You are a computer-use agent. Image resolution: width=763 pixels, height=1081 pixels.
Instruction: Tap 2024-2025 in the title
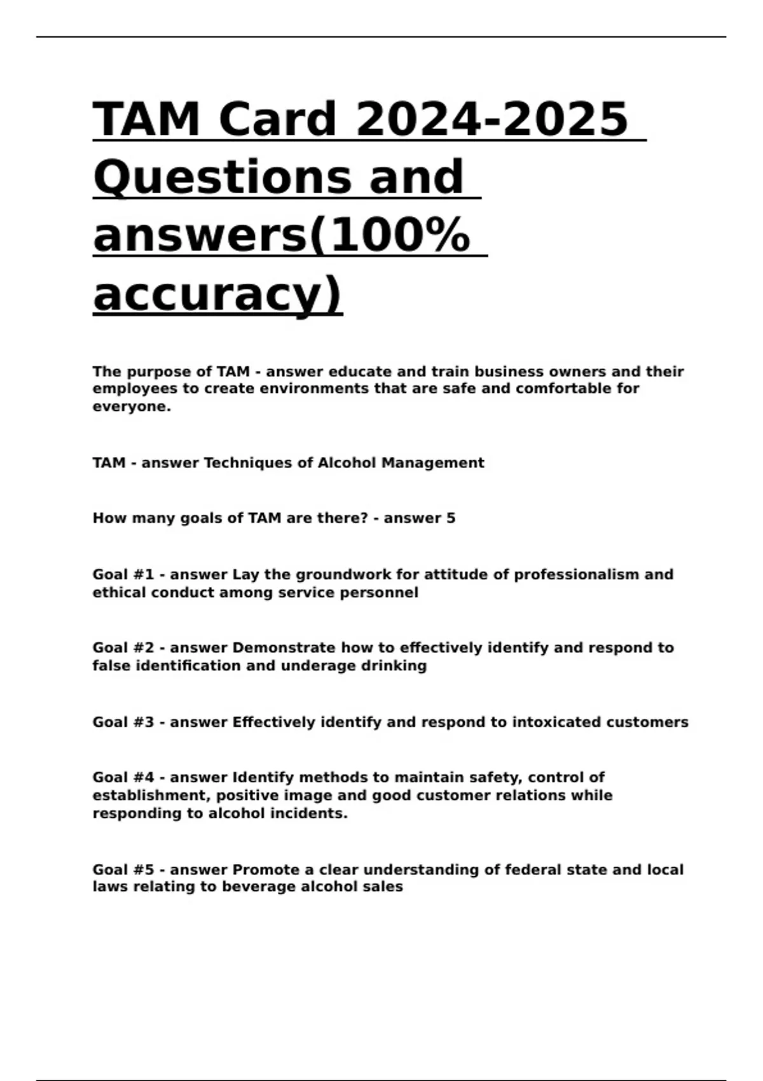(492, 119)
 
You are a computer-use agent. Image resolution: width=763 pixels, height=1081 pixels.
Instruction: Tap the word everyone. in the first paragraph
(132, 406)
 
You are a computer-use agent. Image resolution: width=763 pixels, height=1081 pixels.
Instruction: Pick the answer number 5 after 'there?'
(451, 518)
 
